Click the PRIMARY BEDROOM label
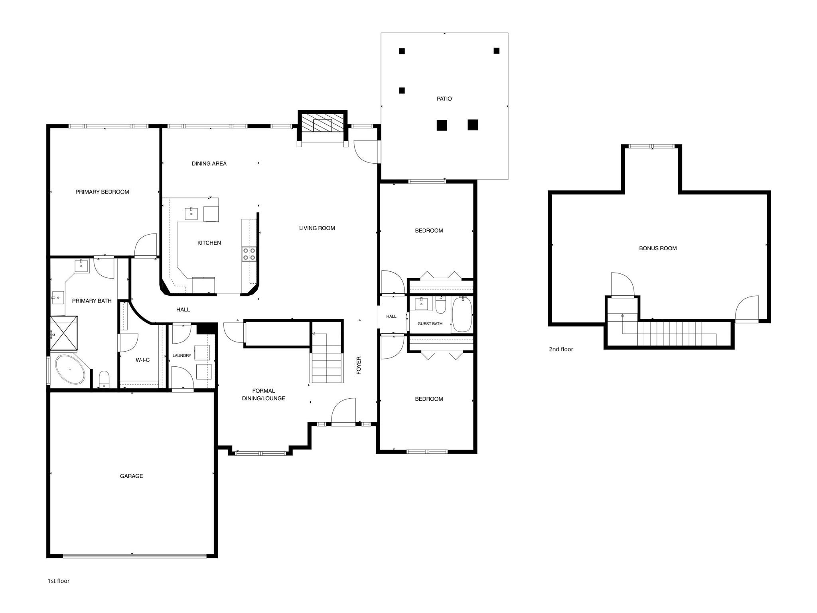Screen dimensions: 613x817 [102, 192]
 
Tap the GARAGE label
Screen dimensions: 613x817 [131, 476]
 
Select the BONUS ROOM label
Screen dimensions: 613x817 [658, 248]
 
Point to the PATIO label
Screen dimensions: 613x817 [444, 99]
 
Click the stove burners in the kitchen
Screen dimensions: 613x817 [249, 254]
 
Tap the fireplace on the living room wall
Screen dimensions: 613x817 [322, 125]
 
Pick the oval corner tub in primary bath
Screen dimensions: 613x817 [70, 370]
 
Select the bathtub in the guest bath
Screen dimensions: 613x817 [462, 314]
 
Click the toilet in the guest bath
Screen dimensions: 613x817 [440, 306]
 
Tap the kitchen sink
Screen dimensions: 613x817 [191, 214]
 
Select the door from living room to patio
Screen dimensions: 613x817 [366, 151]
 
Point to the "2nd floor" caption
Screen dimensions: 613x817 [561, 349]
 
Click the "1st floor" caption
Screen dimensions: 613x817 [59, 581]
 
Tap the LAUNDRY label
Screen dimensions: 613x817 [182, 356]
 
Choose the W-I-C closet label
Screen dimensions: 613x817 [142, 360]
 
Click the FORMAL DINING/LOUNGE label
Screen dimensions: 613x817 [263, 394]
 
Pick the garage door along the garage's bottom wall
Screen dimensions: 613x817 [134, 556]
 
